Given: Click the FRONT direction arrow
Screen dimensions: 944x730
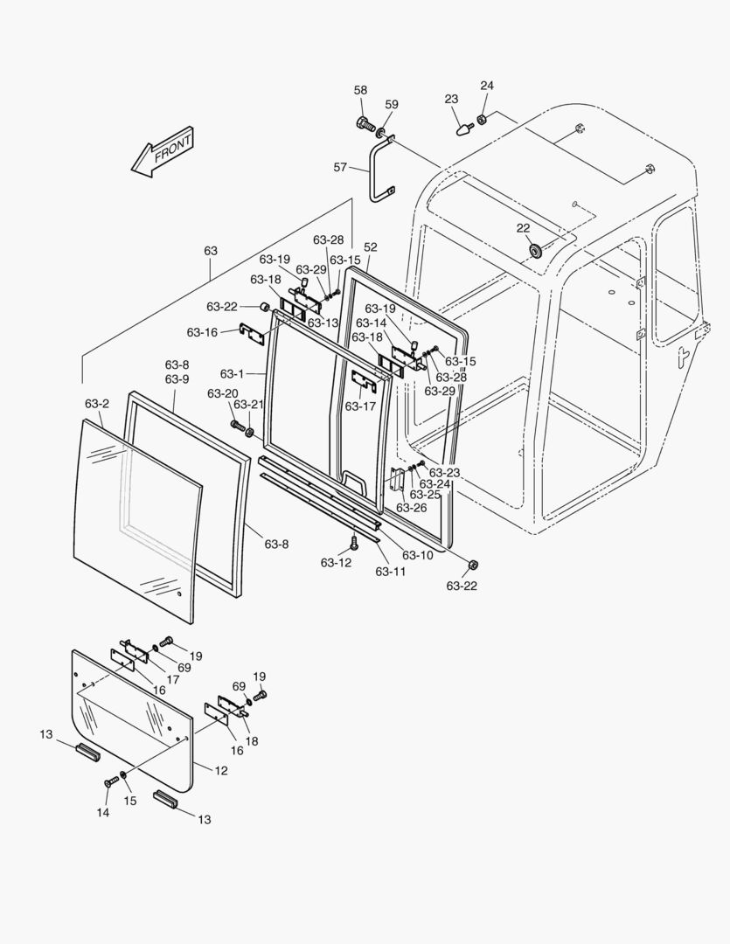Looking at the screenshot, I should (x=162, y=152).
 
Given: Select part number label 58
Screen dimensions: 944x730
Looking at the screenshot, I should (x=361, y=90).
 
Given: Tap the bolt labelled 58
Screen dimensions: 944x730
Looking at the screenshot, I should (x=364, y=124).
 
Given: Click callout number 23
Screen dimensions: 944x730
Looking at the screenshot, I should (x=451, y=100).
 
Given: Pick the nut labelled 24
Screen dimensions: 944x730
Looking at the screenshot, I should (x=481, y=120).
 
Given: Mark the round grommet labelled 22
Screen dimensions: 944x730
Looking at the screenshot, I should (x=534, y=251).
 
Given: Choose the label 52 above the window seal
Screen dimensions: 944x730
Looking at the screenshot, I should (x=371, y=247).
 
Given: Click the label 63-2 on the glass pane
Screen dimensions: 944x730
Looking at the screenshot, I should (x=97, y=404).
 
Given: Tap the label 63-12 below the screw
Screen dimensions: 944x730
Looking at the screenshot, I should (x=336, y=563).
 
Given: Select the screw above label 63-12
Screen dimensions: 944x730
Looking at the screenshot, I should (x=354, y=543).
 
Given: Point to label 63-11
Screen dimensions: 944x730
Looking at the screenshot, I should (x=391, y=572).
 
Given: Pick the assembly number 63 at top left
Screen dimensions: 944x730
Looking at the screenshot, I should (x=211, y=251).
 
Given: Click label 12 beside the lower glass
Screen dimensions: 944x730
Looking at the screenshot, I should (x=222, y=771).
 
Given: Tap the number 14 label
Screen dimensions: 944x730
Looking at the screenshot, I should (x=103, y=813).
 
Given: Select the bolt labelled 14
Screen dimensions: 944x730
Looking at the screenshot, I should (x=110, y=781).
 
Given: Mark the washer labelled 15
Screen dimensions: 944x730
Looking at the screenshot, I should (x=125, y=775).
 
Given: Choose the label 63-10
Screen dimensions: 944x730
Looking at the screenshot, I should (x=417, y=555).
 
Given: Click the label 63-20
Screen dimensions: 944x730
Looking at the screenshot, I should (x=222, y=393).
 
